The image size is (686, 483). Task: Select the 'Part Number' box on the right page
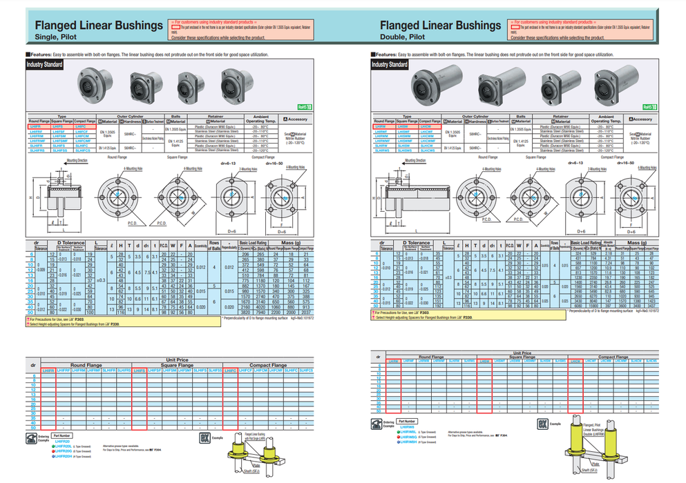click(408, 421)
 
